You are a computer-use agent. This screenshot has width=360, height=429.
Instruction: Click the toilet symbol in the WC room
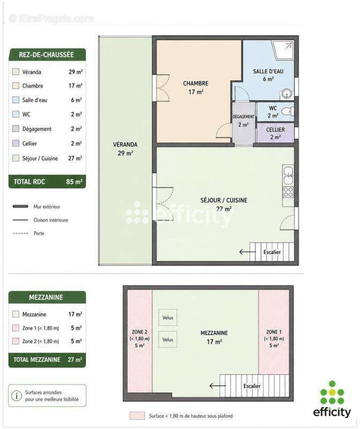pyautogui.click(x=288, y=111)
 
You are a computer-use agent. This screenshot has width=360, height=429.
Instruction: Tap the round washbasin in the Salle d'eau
pyautogui.click(x=286, y=94)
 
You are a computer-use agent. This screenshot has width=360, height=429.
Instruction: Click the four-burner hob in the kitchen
pyautogui.click(x=288, y=191)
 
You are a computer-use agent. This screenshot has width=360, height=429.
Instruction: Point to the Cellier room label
pyautogui.click(x=275, y=133)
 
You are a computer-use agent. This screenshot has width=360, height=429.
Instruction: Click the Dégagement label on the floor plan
pyautogui.click(x=244, y=116)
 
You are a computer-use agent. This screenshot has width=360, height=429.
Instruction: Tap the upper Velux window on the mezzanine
pyautogui.click(x=167, y=317)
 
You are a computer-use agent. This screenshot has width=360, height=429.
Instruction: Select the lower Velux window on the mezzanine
pyautogui.click(x=167, y=339)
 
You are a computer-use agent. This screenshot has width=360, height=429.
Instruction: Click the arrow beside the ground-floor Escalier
pyautogui.click(x=245, y=252)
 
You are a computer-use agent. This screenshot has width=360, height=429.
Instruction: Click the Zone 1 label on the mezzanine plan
pyautogui.click(x=274, y=338)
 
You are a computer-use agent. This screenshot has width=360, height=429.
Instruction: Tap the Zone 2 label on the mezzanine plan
pyautogui.click(x=139, y=338)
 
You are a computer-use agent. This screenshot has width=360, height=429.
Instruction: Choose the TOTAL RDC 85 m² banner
pyautogui.click(x=47, y=182)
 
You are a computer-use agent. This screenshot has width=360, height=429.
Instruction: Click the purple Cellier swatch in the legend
pyautogui.click(x=16, y=143)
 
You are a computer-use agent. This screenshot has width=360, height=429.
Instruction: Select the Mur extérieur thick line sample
pyautogui.click(x=20, y=206)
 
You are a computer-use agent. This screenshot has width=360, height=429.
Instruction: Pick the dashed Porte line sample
pyautogui.click(x=20, y=233)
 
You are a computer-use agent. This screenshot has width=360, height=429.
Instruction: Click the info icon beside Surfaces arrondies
pyautogui.click(x=17, y=396)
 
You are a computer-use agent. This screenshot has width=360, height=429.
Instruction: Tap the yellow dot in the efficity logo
pyautogui.click(x=332, y=393)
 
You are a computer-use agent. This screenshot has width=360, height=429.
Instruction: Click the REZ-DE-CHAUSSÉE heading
pyautogui.click(x=46, y=55)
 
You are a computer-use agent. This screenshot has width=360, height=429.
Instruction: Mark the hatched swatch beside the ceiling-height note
pyautogui.click(x=137, y=416)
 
